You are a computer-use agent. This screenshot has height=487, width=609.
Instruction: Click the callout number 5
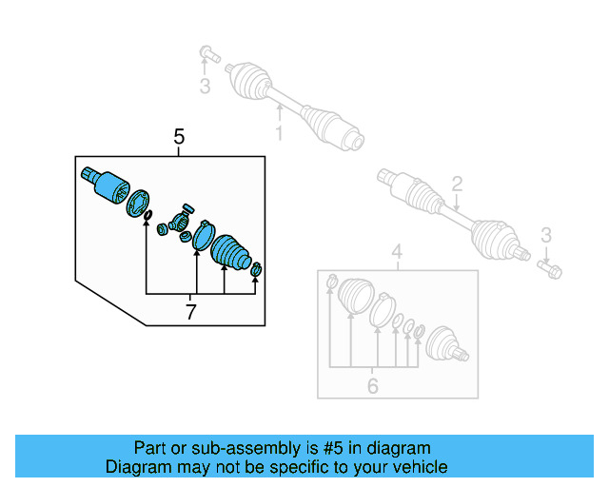(180, 137)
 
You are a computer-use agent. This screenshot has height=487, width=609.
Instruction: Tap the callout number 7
(190, 311)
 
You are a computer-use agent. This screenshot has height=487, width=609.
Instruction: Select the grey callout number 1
(279, 134)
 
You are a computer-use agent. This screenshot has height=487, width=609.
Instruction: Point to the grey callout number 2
(457, 184)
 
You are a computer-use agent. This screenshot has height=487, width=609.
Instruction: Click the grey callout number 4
(398, 252)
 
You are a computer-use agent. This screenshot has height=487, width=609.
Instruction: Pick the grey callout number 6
(372, 385)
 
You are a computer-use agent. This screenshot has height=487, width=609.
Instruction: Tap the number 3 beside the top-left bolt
(203, 88)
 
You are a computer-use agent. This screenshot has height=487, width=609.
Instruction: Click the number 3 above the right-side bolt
(545, 235)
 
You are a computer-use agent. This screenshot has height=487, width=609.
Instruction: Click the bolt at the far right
(549, 268)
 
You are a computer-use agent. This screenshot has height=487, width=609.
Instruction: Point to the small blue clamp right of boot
(256, 275)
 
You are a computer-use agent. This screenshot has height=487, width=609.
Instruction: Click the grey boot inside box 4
(353, 294)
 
